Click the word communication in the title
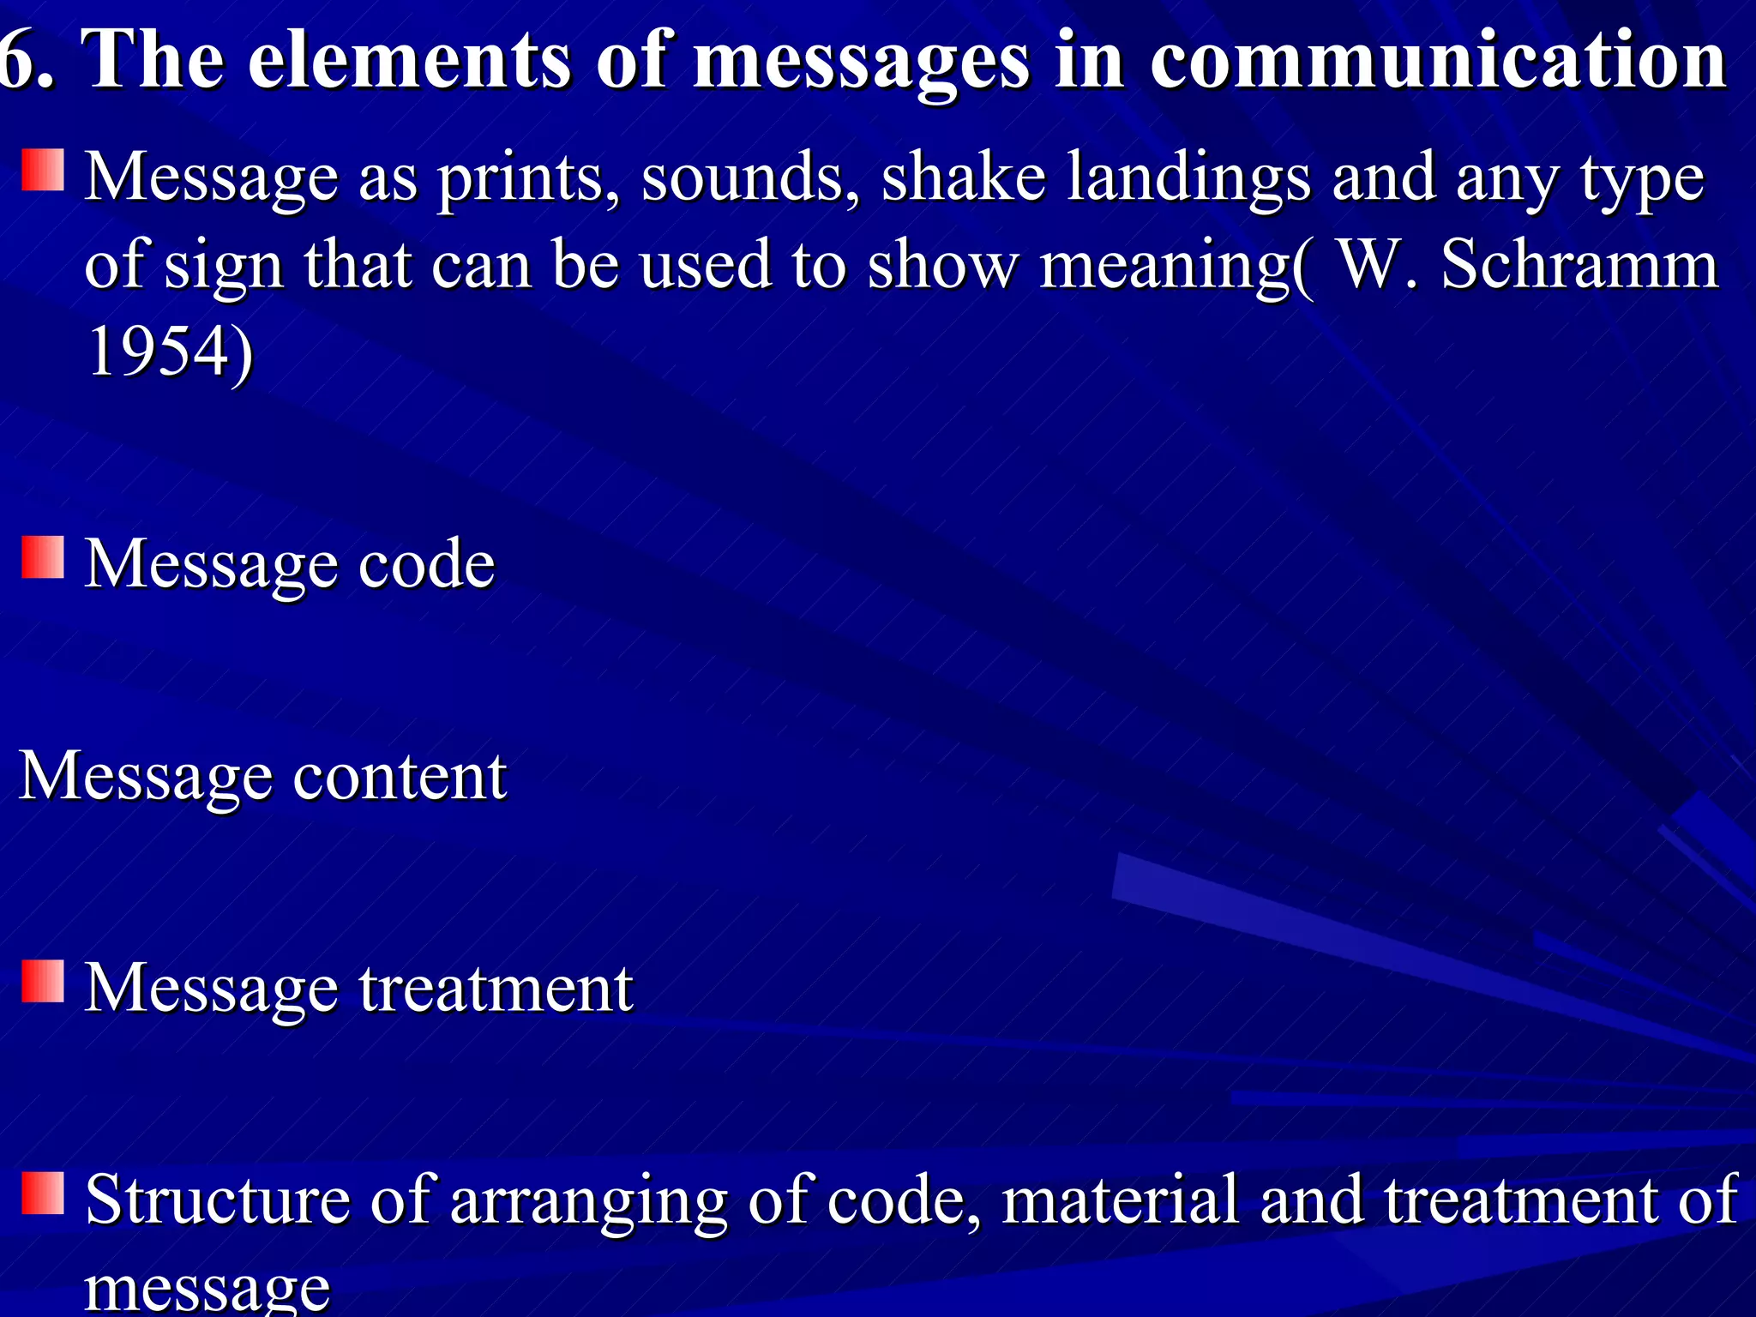coord(1438,60)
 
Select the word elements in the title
coord(409,60)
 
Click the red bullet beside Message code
coord(43,558)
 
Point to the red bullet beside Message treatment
coord(43,981)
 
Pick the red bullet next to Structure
coord(43,1194)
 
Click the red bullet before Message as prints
coord(43,170)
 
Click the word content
coord(400,776)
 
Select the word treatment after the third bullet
coord(496,988)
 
